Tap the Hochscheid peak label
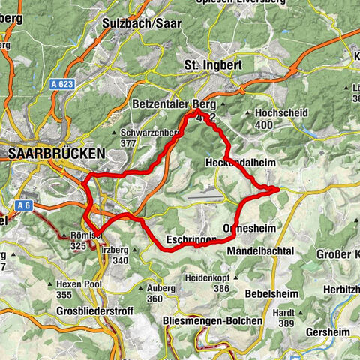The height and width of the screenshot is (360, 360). click(283, 112)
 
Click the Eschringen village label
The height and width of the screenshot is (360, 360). click(192, 238)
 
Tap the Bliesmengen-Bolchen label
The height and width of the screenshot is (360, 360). click(212, 320)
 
